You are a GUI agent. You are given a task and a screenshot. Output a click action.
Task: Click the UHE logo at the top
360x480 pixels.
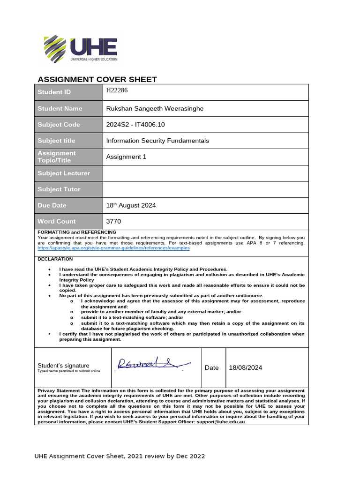pyautogui.click(x=80, y=48)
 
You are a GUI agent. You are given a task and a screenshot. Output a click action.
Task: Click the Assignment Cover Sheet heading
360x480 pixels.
pyautogui.click(x=97, y=79)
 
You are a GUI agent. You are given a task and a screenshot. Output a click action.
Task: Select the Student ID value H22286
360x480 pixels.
pyautogui.click(x=117, y=90)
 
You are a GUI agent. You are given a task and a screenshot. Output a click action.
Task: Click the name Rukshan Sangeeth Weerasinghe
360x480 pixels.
pyautogui.click(x=155, y=109)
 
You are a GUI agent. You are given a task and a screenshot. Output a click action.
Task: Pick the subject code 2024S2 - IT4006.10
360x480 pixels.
pyautogui.click(x=136, y=125)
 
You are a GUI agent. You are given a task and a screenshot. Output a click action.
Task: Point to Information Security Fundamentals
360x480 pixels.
pyautogui.click(x=157, y=141)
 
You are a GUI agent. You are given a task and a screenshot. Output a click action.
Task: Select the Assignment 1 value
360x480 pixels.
pyautogui.click(x=127, y=157)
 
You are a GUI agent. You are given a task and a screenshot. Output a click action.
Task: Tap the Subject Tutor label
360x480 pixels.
pyautogui.click(x=59, y=189)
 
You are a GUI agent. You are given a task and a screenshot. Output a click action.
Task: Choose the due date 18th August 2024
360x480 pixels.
pyautogui.click(x=131, y=205)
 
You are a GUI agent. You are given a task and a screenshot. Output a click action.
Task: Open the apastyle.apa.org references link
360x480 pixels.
pyautogui.click(x=113, y=248)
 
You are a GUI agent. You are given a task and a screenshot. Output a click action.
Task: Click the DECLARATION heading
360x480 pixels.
pyautogui.click(x=55, y=259)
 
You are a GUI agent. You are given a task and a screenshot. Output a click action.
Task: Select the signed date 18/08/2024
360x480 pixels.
pyautogui.click(x=245, y=368)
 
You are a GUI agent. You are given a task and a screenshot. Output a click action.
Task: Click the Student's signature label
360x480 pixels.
pyautogui.click(x=63, y=366)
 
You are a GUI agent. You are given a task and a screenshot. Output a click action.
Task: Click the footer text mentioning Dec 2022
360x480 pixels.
pyautogui.click(x=120, y=456)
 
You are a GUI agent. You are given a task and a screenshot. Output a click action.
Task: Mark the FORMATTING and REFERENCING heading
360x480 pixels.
pyautogui.click(x=77, y=232)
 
